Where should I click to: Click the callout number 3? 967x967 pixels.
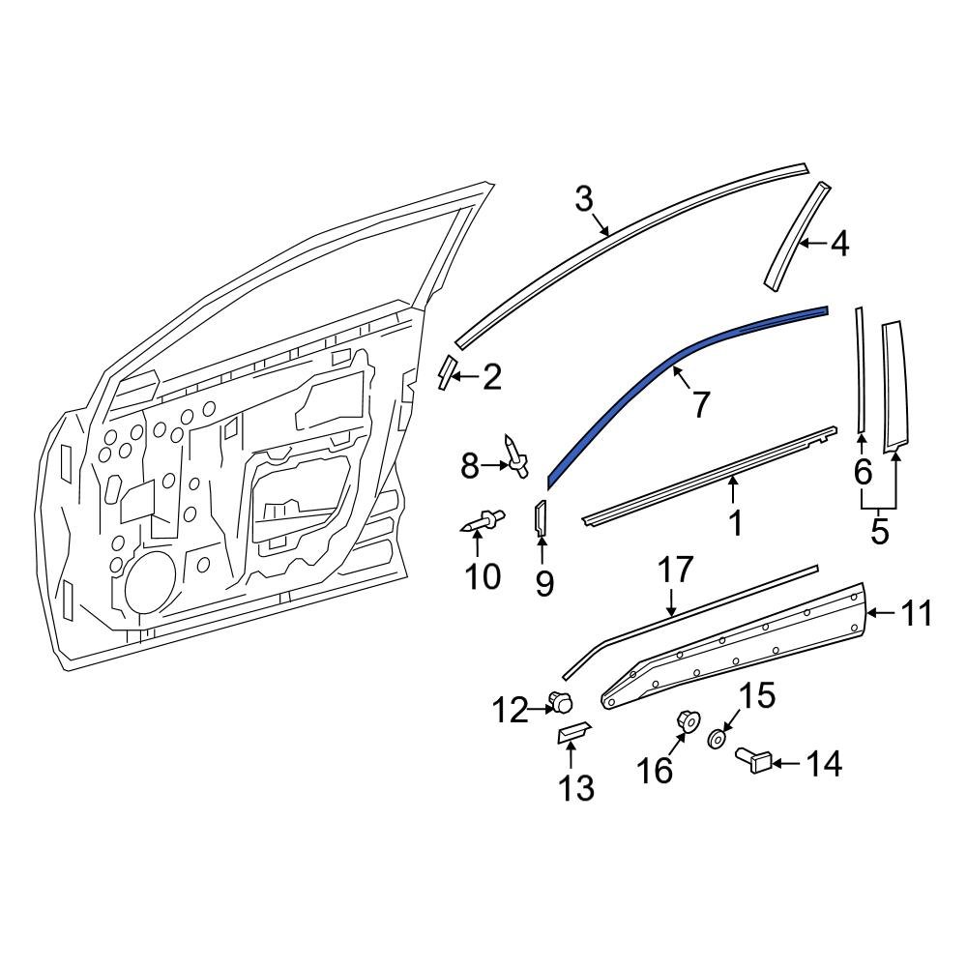tap(583, 200)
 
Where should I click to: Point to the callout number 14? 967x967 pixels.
tap(825, 764)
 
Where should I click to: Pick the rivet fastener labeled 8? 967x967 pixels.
tap(514, 456)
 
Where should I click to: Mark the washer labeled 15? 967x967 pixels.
tap(717, 739)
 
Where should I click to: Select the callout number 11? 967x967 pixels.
tap(917, 613)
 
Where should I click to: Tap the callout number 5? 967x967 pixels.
tap(879, 531)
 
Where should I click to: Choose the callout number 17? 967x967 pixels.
tap(676, 571)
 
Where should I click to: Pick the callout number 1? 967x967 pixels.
tap(736, 522)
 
